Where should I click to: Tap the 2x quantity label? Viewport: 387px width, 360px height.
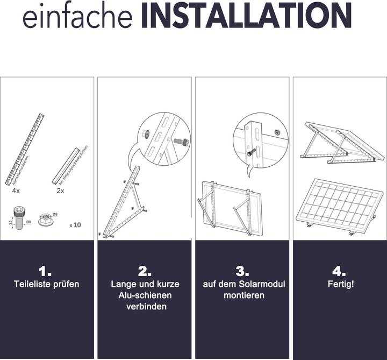[x=60, y=190]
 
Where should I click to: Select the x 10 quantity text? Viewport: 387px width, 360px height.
[x=75, y=224]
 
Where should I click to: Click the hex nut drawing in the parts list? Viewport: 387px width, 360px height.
[x=46, y=220]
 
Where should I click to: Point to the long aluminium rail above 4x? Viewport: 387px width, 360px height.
[x=25, y=149]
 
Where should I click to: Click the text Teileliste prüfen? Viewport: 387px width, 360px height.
[x=46, y=284]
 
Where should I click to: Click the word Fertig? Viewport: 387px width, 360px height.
[x=341, y=284]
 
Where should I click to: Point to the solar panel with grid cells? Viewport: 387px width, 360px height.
[x=338, y=205]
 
